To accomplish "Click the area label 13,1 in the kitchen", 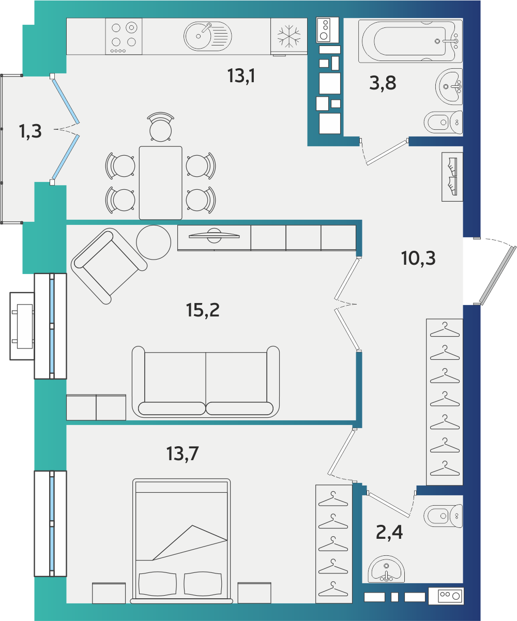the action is click(241, 76).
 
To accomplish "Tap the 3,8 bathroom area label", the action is click(383, 83).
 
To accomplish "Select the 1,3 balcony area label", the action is click(31, 131).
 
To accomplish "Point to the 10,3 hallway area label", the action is click(418, 258).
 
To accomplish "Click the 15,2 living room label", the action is click(203, 310).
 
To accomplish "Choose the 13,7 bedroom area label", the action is click(183, 454).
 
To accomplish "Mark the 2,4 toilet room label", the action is click(389, 532).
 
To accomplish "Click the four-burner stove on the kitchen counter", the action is click(124, 36).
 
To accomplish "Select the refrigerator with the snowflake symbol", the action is click(289, 36).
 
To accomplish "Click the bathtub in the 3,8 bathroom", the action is click(410, 41).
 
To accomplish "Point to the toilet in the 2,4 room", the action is click(443, 516).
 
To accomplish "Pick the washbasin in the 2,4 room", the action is click(386, 568).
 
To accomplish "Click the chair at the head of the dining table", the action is click(161, 127).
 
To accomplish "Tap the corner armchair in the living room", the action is click(109, 266).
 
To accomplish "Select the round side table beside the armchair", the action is click(154, 243).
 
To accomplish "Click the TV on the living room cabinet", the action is click(214, 236).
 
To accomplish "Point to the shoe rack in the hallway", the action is click(452, 177).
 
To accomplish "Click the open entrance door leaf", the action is click(498, 276).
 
